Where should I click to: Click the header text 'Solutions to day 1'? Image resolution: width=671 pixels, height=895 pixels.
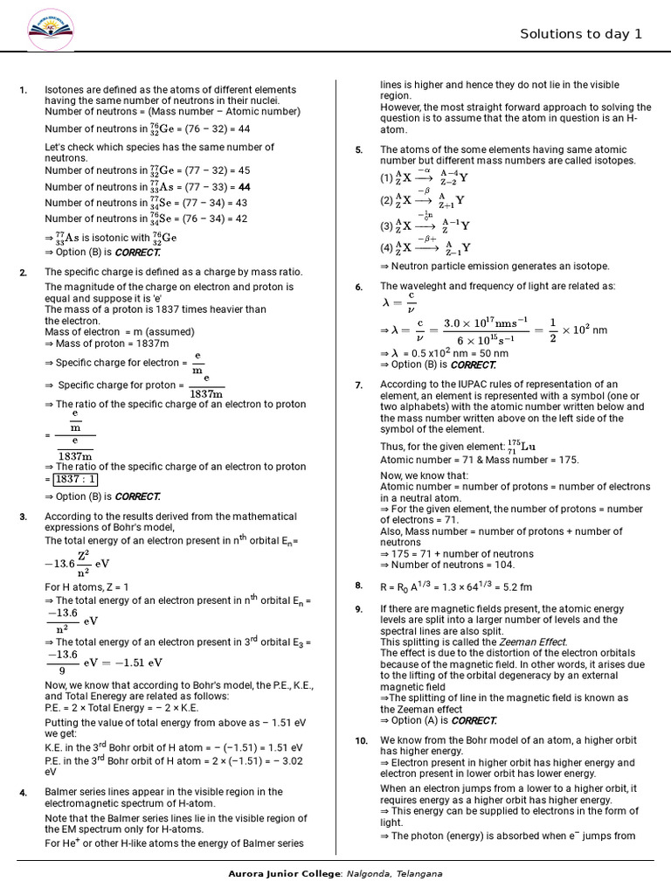(x=580, y=34)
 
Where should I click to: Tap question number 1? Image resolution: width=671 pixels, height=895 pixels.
(x=23, y=90)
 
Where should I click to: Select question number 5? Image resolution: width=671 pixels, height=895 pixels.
(x=358, y=150)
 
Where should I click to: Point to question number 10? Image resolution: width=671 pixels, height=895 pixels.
(x=361, y=741)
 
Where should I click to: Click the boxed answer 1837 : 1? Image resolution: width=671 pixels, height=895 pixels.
(x=75, y=479)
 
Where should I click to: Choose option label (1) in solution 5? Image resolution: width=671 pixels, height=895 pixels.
(x=386, y=177)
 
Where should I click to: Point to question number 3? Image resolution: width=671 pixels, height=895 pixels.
(x=23, y=517)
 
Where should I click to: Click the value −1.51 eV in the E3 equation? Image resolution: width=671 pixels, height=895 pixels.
(x=123, y=662)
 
